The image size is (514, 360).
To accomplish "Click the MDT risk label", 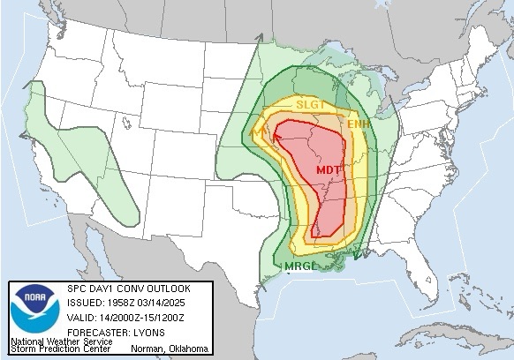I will (x=328, y=169).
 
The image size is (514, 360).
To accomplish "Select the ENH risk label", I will (x=358, y=125).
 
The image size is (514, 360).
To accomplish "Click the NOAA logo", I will (x=32, y=311).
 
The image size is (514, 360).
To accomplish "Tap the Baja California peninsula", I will (x=88, y=256).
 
